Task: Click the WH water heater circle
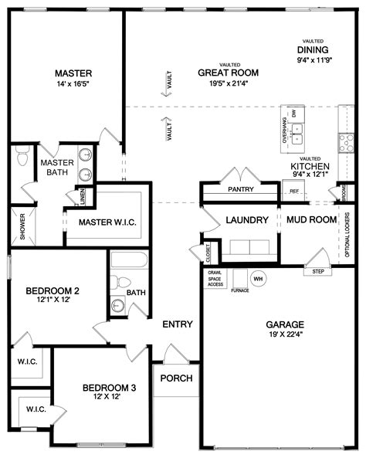(258, 279)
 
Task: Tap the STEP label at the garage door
(318, 271)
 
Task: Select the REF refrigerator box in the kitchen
(293, 191)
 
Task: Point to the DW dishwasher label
(294, 114)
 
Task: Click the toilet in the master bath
(22, 155)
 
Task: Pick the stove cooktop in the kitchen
(346, 143)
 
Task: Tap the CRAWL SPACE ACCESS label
(215, 278)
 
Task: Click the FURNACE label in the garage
(240, 290)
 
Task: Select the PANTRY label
(241, 189)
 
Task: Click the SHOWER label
(22, 226)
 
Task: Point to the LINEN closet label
(83, 196)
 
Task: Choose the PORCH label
(176, 378)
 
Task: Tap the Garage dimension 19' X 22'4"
(286, 334)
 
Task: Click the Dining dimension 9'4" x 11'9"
(314, 60)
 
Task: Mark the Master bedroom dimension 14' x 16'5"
(73, 84)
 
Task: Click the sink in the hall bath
(117, 306)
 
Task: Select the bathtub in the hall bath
(129, 260)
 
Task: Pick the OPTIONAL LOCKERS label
(347, 235)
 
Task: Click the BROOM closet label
(344, 192)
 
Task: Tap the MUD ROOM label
(311, 219)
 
